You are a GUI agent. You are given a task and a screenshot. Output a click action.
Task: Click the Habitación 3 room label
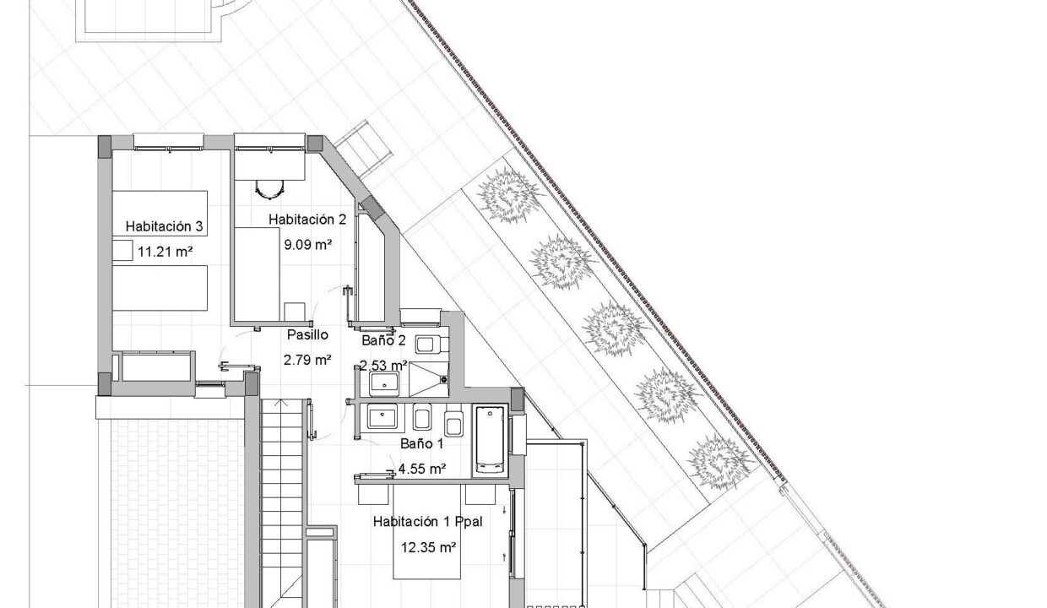point(164,226)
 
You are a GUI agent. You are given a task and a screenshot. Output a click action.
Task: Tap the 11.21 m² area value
point(165,252)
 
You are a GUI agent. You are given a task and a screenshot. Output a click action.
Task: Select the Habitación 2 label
point(307,220)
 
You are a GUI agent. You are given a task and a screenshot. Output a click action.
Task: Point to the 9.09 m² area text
point(308,244)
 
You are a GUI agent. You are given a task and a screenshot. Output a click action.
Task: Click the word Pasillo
point(307,334)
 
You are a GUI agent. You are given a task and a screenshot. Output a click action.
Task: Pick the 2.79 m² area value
point(307,360)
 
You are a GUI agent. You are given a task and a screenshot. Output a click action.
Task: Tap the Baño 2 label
point(383,340)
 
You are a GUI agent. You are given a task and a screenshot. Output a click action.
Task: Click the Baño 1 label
point(421,443)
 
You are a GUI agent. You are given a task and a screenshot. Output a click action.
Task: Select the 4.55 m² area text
point(421,469)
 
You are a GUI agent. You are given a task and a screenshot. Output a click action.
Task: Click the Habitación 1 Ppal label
point(428,522)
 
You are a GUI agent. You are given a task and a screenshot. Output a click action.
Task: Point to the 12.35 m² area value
point(428,547)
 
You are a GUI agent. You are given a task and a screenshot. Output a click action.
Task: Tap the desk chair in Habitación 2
point(269,189)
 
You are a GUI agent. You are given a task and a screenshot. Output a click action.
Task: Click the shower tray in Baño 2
point(429,380)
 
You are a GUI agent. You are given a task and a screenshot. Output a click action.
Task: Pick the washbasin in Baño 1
point(382,417)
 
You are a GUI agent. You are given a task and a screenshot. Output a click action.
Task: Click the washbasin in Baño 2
point(384,383)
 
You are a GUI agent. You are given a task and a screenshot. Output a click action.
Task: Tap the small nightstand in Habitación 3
point(122,250)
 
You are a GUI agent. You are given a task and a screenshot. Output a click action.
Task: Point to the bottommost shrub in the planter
point(720,463)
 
